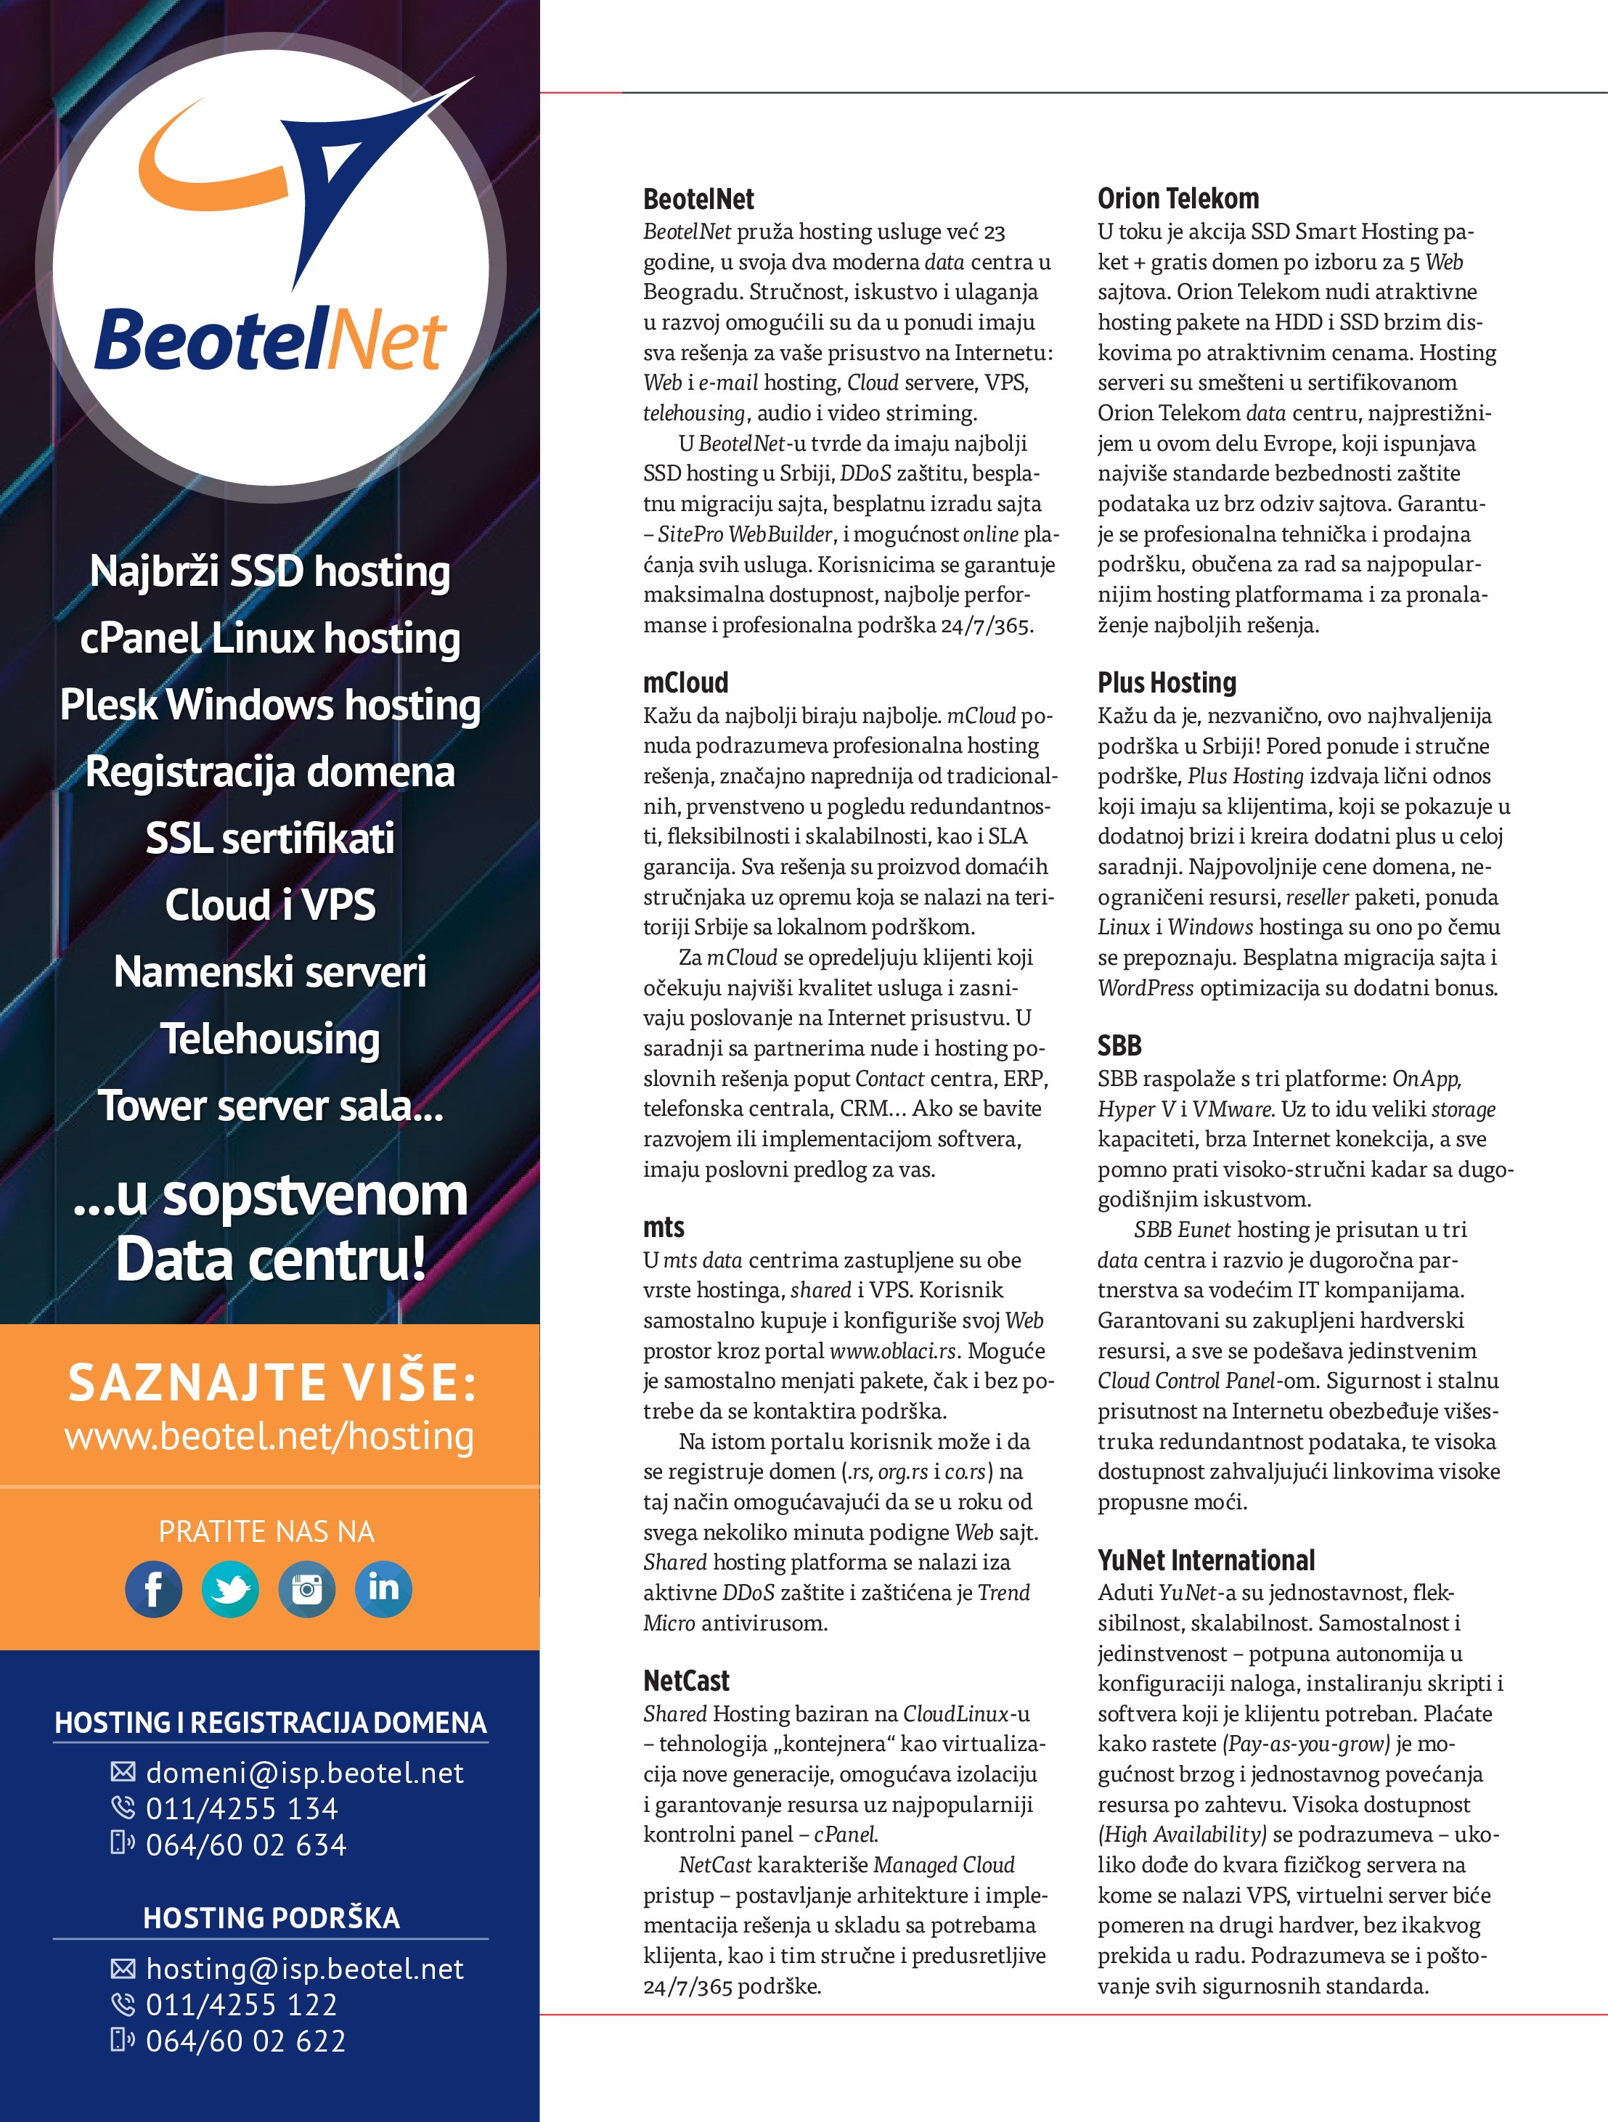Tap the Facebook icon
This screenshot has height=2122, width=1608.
153,1588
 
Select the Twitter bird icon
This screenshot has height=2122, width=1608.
230,1588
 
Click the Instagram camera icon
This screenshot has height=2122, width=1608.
307,1588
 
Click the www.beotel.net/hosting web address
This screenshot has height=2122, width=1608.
269,1436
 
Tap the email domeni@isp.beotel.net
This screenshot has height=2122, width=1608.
304,1773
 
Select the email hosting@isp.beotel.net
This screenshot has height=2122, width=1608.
304,1969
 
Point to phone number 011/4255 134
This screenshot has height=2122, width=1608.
242,1808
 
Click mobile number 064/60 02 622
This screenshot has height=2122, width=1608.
245,2041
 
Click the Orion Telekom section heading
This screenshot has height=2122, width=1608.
1178,199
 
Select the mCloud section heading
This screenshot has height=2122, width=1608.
686,682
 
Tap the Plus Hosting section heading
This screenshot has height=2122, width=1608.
1167,682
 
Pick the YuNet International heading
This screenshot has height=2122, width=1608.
1206,1560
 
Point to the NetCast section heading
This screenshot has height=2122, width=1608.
686,1681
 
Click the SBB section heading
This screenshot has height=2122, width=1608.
1119,1045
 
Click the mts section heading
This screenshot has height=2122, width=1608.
664,1227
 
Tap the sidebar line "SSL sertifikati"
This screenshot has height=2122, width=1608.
269,838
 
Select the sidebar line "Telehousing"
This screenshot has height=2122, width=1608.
269,1038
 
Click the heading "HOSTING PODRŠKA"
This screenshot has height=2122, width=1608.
272,1918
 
